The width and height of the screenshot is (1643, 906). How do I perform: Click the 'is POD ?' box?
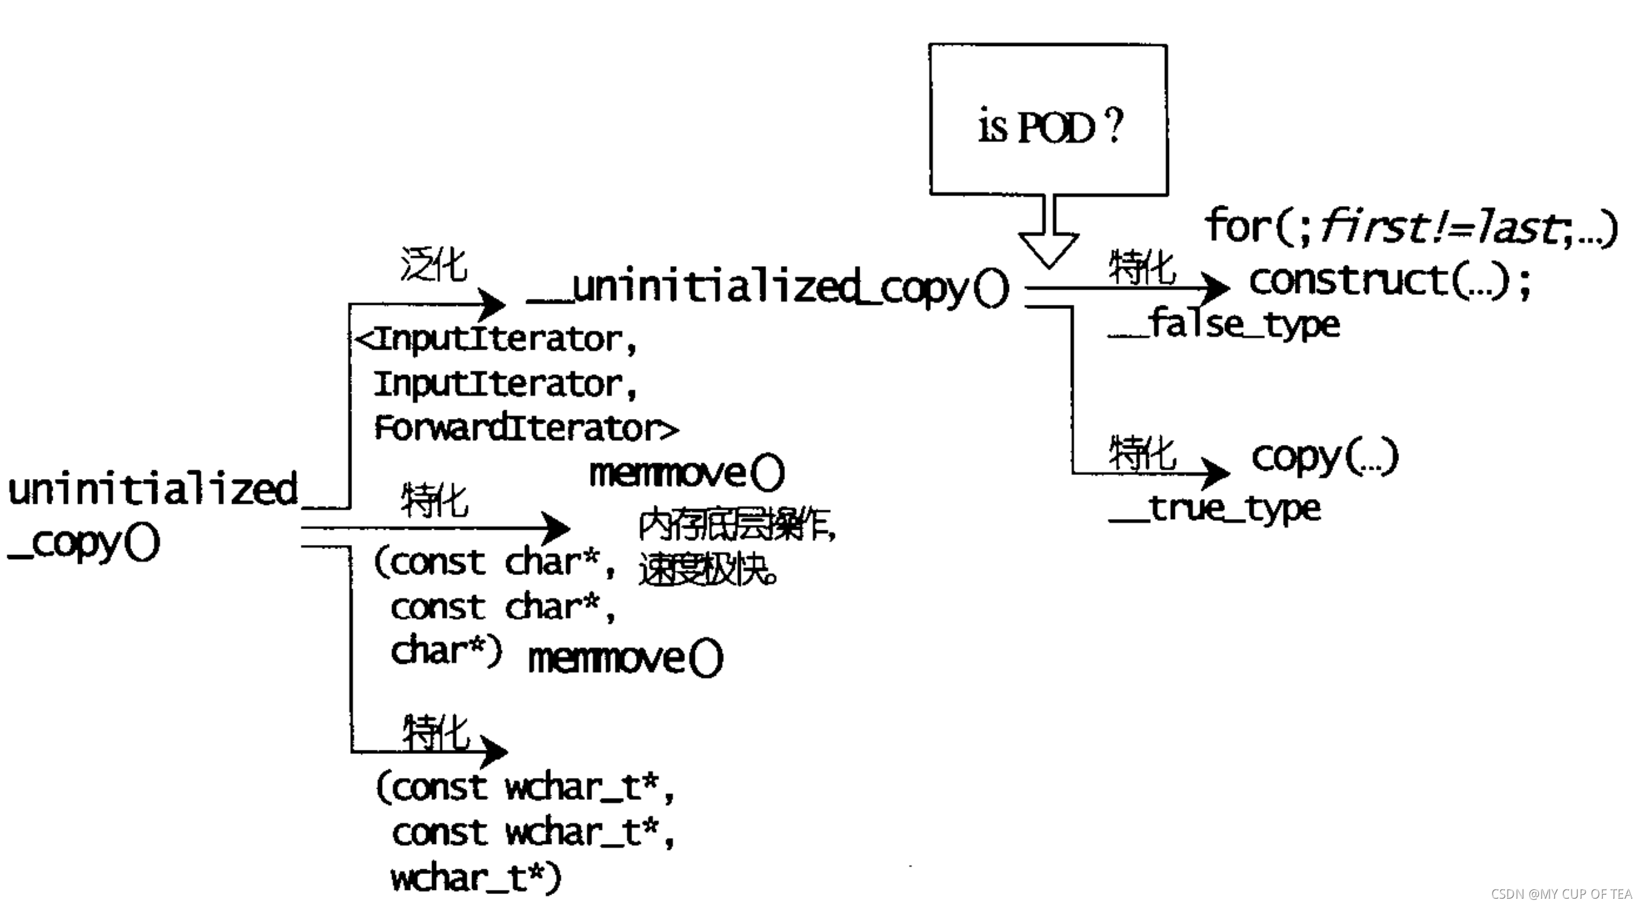pos(1048,120)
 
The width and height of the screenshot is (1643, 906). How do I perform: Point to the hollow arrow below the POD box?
pos(1049,240)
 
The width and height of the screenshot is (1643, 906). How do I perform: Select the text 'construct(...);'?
pos(1390,281)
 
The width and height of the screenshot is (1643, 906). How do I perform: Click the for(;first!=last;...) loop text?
pos(1410,227)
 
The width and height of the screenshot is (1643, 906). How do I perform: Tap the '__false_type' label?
pos(1224,325)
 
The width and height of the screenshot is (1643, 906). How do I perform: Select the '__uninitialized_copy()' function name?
pos(767,288)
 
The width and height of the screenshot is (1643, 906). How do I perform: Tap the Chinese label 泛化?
pos(434,265)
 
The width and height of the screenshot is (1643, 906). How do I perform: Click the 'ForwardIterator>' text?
pos(526,428)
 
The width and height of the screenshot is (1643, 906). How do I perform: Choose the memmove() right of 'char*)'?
pos(625,658)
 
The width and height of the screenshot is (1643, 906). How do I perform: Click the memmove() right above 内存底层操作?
pos(687,473)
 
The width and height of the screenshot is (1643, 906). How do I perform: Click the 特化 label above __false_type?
pos(1142,268)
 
